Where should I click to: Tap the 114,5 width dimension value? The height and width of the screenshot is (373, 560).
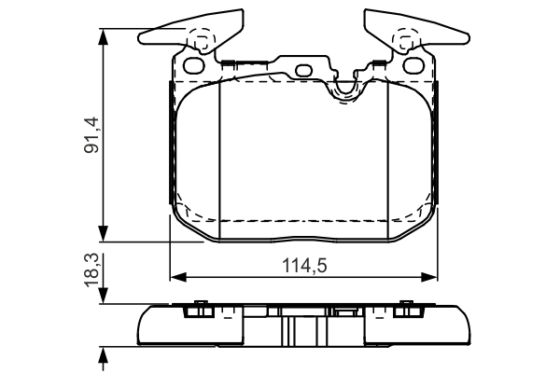click(304, 266)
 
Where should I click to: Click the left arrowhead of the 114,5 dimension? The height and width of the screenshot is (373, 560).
click(178, 277)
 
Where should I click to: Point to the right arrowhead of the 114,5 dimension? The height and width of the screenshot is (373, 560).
click(429, 277)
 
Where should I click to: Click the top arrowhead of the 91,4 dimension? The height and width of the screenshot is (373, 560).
click(103, 37)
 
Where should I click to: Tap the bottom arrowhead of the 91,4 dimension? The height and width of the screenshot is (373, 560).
click(103, 233)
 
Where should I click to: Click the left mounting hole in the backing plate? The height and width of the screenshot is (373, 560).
click(193, 65)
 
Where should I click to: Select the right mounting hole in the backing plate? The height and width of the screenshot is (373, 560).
click(413, 65)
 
